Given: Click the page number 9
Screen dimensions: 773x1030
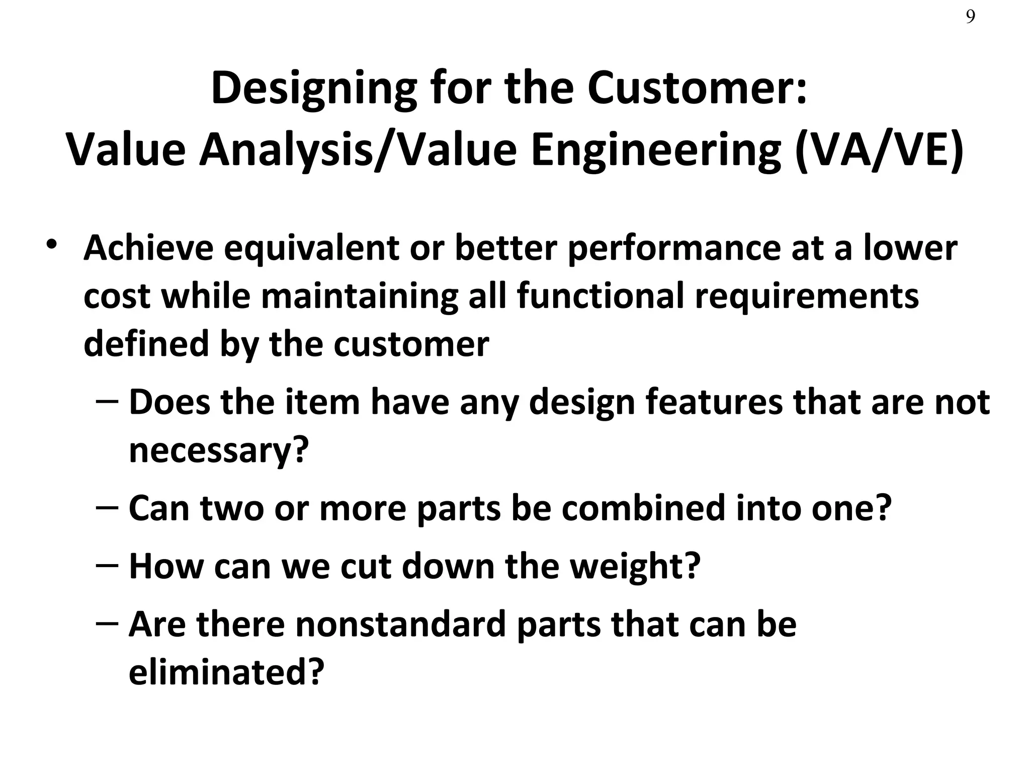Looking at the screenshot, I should pos(970,17).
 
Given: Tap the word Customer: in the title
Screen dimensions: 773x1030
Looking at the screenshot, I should pos(697,89).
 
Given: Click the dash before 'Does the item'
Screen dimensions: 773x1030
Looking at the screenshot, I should pos(107,402).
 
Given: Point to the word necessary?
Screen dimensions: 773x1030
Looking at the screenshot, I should pos(218,450).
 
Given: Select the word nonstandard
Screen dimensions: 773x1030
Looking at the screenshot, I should pos(400,624).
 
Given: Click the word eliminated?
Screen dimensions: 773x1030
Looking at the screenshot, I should pos(226,672).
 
